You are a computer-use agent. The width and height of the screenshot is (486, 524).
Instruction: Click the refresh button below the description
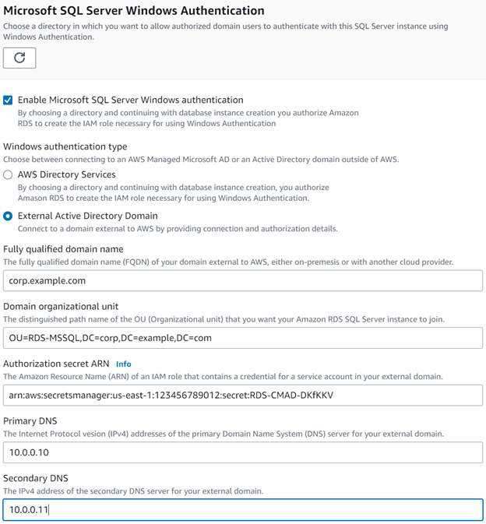(x=19, y=58)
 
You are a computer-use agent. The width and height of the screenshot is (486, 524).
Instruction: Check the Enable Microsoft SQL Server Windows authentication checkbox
(x=8, y=100)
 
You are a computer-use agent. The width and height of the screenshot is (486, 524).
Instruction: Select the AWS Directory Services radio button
(x=8, y=175)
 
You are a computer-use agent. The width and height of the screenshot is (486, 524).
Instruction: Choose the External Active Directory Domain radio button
(x=8, y=216)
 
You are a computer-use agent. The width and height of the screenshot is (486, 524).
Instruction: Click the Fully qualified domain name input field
(x=243, y=280)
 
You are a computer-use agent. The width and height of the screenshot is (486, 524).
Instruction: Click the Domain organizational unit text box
(x=243, y=338)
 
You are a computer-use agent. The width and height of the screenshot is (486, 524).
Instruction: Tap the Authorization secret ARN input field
(x=243, y=395)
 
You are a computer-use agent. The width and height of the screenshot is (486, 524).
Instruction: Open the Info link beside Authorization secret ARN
(x=123, y=364)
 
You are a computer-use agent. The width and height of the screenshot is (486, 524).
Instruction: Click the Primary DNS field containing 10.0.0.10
(x=243, y=452)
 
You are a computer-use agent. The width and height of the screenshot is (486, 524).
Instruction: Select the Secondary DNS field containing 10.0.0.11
(x=243, y=510)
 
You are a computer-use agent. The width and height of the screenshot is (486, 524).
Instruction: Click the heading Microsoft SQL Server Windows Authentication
(x=133, y=11)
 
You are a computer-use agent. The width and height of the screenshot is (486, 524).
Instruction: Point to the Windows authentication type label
(x=65, y=146)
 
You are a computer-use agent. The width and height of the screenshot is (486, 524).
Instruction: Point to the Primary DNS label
(x=30, y=421)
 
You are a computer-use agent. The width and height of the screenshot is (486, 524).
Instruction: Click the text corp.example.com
(x=47, y=280)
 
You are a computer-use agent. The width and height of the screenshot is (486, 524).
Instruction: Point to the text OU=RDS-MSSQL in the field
(x=37, y=338)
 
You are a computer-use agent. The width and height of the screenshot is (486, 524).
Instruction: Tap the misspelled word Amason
(x=33, y=198)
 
